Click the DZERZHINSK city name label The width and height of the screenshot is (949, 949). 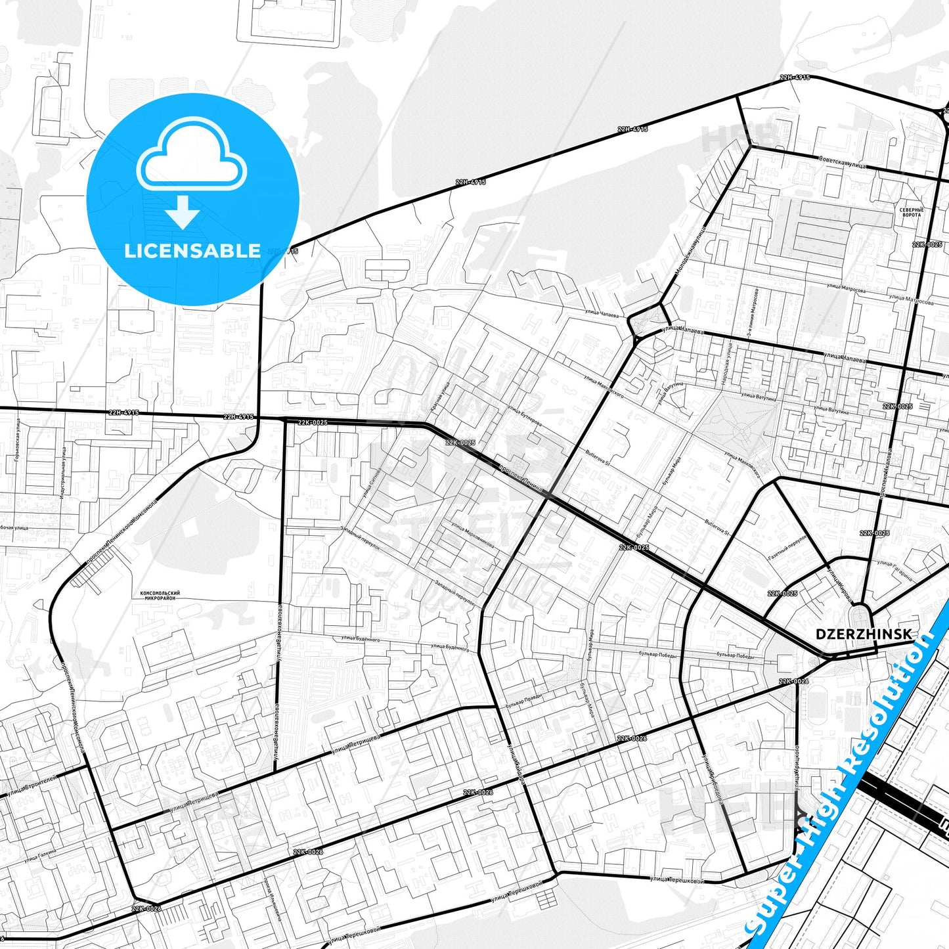coord(863,634)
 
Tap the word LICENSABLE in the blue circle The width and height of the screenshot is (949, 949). coord(192,251)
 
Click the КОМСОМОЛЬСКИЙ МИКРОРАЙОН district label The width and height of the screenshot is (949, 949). coord(160,596)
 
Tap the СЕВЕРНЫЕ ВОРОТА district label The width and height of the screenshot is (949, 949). coord(912,212)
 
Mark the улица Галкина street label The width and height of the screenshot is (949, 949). coord(40,854)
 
